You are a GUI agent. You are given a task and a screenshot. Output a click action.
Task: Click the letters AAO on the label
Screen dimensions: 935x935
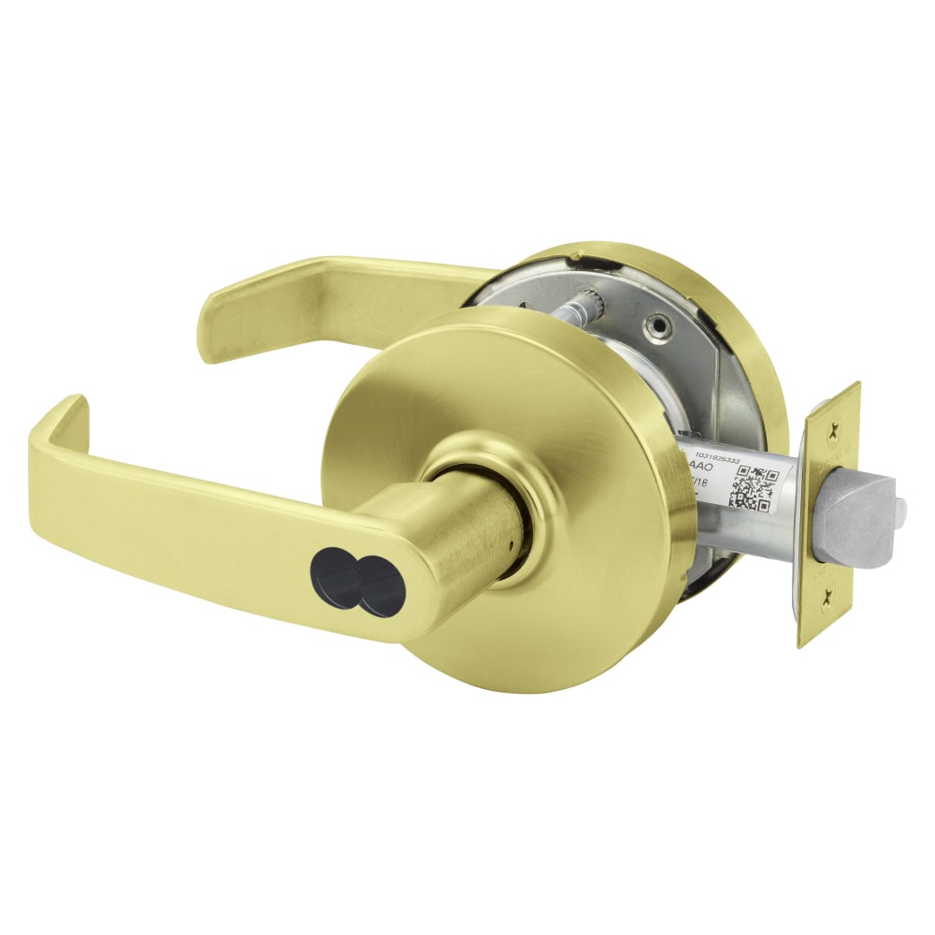click(702, 462)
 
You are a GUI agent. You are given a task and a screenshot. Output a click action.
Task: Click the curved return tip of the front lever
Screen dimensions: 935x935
click(58, 421)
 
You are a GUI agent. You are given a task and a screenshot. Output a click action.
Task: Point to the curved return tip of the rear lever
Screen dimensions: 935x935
click(218, 309)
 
